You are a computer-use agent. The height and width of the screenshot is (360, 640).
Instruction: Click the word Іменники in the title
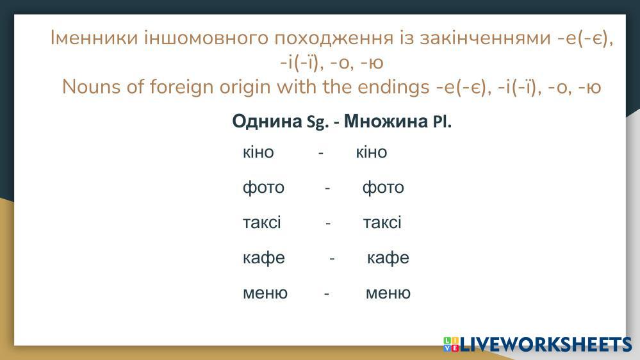click(x=94, y=38)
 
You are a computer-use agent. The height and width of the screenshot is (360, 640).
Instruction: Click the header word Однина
click(x=267, y=121)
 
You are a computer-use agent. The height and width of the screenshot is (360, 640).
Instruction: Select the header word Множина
click(x=386, y=121)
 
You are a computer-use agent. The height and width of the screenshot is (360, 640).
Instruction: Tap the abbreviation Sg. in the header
click(x=318, y=122)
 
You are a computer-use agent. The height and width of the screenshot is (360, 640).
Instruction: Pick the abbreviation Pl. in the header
click(x=442, y=122)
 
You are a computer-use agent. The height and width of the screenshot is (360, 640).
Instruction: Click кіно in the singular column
click(x=258, y=152)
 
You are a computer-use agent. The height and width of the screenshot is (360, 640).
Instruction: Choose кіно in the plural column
click(x=372, y=152)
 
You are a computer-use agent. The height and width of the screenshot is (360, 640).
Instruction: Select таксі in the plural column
click(x=382, y=223)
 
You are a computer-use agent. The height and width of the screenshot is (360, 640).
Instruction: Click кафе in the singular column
click(x=264, y=258)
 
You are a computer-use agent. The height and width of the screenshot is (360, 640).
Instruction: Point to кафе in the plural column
click(x=388, y=258)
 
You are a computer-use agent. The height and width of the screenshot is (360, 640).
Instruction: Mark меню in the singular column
click(x=265, y=293)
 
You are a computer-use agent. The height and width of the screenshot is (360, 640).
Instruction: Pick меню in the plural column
click(x=388, y=293)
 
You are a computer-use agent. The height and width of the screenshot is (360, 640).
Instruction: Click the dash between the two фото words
click(x=327, y=188)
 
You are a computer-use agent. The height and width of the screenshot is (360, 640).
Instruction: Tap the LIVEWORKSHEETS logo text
click(x=546, y=345)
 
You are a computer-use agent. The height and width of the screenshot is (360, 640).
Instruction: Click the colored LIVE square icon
click(x=451, y=344)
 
